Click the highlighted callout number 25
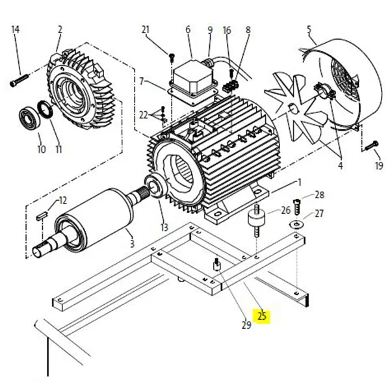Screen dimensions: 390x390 [262, 317]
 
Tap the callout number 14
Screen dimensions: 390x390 [16, 30]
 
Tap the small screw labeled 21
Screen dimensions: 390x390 [171, 57]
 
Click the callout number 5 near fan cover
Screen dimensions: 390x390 [309, 29]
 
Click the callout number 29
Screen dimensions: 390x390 [246, 325]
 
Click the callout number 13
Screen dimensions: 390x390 [164, 227]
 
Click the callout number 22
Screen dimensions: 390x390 [143, 115]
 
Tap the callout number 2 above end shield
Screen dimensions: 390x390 [60, 30]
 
